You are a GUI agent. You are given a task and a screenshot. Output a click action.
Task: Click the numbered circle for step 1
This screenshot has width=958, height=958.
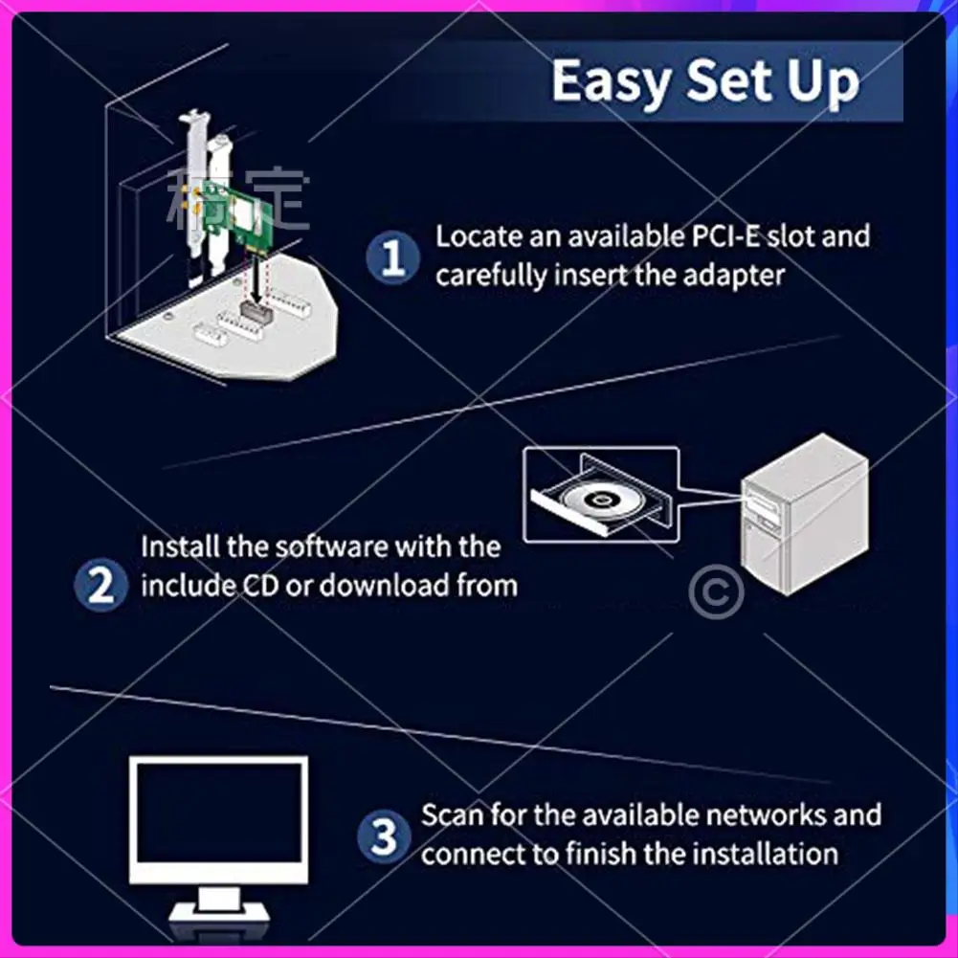[392, 257]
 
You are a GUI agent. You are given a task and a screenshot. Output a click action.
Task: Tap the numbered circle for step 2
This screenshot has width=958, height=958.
[100, 586]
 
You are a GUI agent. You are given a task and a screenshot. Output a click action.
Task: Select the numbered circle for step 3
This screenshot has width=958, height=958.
[384, 836]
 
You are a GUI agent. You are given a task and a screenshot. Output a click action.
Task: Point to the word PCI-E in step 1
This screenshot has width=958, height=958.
[725, 236]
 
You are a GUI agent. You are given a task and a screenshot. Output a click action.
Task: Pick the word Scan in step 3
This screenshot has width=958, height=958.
[452, 815]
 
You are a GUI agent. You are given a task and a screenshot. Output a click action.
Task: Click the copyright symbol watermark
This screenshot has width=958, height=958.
[716, 591]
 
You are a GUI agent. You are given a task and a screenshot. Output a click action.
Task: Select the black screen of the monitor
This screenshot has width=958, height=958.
[219, 813]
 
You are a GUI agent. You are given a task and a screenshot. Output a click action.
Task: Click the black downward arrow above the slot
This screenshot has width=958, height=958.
[256, 281]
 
